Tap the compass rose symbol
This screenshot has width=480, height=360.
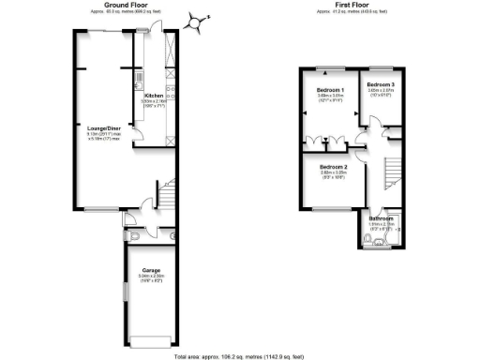coord(197,21)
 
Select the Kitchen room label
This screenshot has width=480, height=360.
coord(153,95)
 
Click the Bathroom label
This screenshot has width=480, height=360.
coord(382,217)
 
